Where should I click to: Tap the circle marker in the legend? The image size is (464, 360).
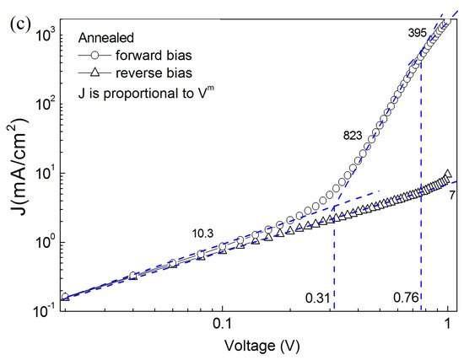tap(96, 57)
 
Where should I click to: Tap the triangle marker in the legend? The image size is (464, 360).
tap(96, 78)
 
